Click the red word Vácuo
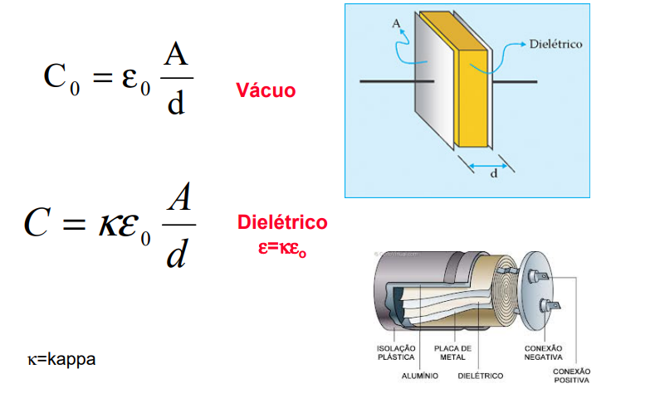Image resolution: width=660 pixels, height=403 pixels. pos(265,90)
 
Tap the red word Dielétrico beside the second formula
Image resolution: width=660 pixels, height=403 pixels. pos(282,222)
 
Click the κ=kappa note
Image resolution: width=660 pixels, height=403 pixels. pos(61,359)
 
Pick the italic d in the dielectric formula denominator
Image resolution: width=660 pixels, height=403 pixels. pos(176,254)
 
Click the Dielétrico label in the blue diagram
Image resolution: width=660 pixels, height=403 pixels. pos(555,43)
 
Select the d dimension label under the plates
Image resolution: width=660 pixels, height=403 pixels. pos(494,176)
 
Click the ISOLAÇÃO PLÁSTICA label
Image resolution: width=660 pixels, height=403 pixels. pos(396,352)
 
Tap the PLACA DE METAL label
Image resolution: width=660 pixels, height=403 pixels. pos(452,352)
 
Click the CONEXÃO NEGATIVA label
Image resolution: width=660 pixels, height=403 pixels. pos(544,352)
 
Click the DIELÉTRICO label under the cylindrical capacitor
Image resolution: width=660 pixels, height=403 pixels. pos(481,376)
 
